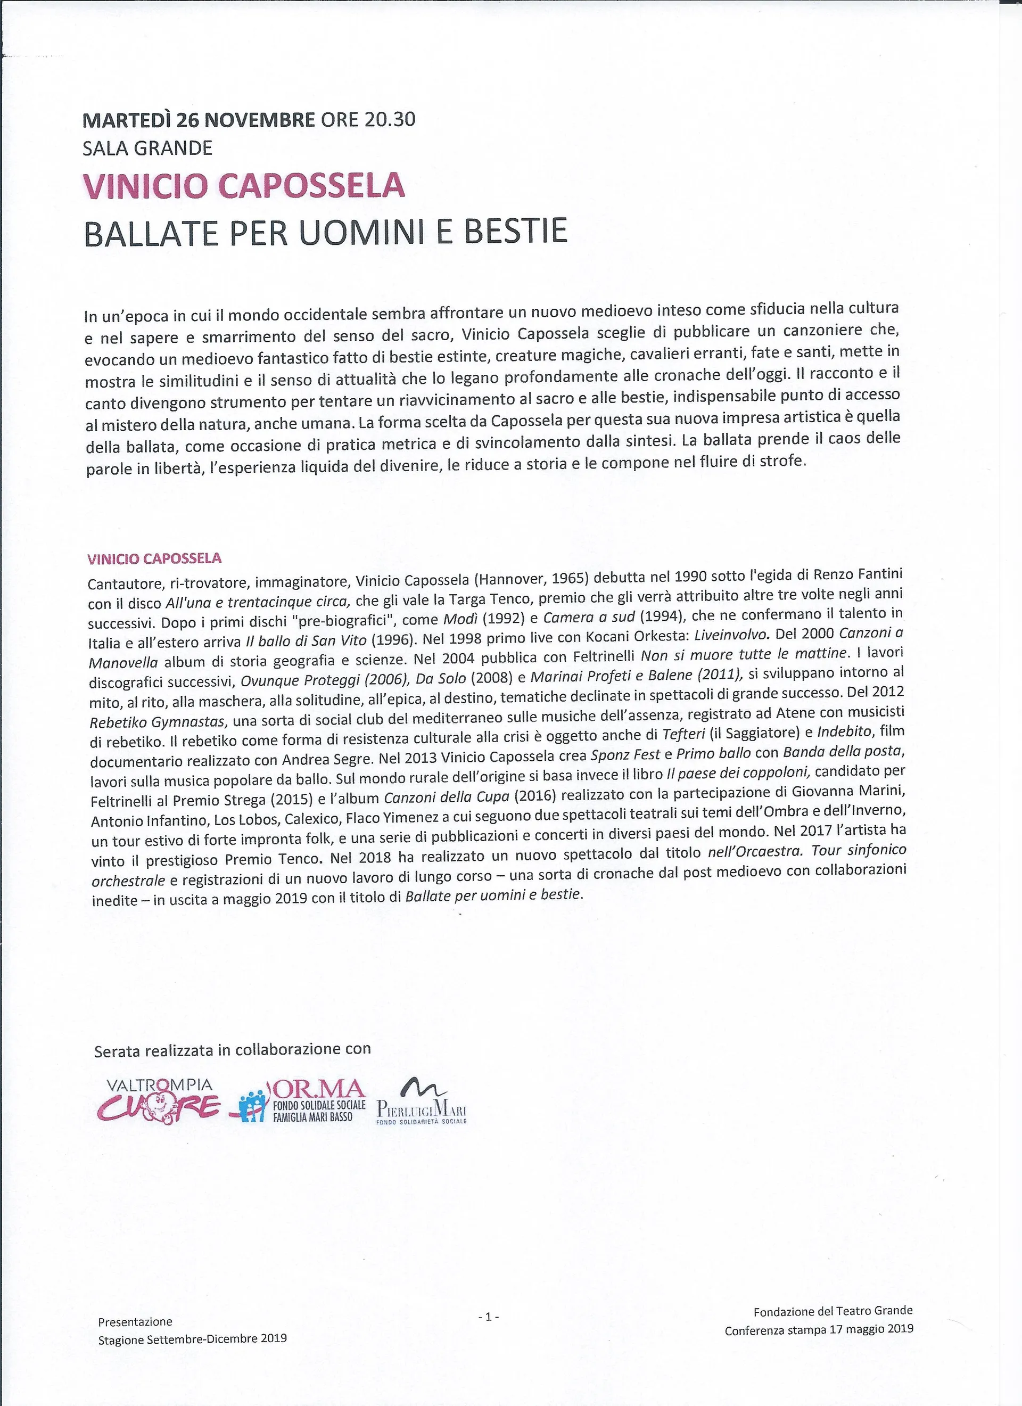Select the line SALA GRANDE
click(147, 148)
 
